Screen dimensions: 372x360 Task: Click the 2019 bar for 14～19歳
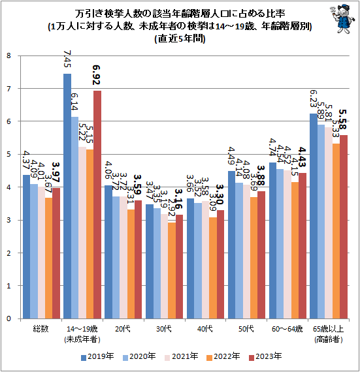pyautogui.click(x=67, y=196)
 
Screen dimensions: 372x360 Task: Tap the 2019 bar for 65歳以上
pyautogui.click(x=314, y=216)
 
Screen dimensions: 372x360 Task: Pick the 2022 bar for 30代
pyautogui.click(x=172, y=270)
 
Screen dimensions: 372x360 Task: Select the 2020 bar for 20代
pyautogui.click(x=116, y=257)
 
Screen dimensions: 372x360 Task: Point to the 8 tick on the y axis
pyautogui.click(x=10, y=55)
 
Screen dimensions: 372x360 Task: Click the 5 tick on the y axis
pyautogui.click(x=10, y=154)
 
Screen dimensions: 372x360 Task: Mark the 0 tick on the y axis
pyautogui.click(x=10, y=318)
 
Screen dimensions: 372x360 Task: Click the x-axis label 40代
pyautogui.click(x=205, y=330)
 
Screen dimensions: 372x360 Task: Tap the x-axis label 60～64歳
pyautogui.click(x=287, y=330)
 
